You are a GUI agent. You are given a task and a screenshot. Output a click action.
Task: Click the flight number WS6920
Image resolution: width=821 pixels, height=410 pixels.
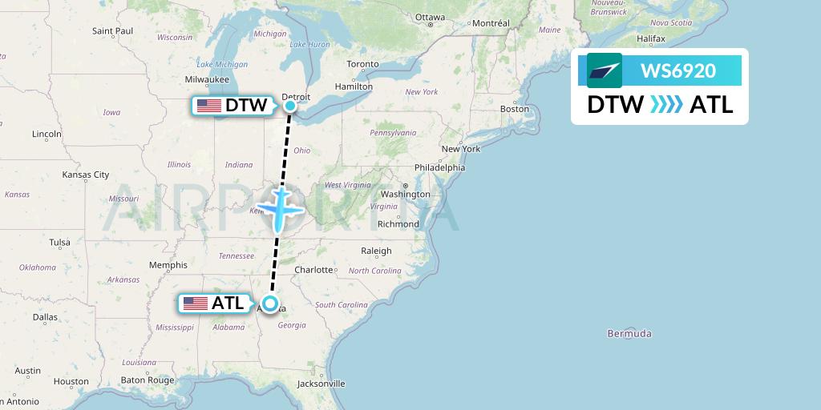[678, 70]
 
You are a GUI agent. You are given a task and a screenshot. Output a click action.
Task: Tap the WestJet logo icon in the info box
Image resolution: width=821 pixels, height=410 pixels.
[605, 70]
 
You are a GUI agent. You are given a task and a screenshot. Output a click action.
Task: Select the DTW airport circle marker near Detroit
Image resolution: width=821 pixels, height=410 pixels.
[290, 105]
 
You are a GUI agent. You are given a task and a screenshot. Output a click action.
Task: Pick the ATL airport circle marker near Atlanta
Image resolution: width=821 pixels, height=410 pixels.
[270, 303]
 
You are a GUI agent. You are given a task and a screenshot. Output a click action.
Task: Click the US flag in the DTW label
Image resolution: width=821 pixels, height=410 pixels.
[209, 106]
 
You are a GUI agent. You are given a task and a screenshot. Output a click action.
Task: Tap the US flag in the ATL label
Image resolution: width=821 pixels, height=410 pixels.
[196, 303]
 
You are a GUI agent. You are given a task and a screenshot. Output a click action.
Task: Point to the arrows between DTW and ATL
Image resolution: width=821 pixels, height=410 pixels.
[666, 105]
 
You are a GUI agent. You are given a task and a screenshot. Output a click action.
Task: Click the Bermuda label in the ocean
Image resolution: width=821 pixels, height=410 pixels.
[629, 333]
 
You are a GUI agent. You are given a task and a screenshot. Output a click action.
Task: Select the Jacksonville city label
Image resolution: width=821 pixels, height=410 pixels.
[321, 384]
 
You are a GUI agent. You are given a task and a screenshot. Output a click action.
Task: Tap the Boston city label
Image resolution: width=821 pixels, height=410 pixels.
[514, 108]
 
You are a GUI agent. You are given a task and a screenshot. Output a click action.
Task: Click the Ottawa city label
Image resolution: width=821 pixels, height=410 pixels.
[430, 17]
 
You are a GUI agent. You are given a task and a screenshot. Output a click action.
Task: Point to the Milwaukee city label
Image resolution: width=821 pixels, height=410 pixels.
[207, 79]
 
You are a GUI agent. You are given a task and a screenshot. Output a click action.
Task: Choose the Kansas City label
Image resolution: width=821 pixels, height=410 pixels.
[86, 175]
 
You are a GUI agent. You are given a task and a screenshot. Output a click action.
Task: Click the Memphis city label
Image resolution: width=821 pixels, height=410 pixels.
[168, 265]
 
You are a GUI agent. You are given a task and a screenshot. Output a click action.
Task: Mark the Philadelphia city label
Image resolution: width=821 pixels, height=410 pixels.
[439, 167]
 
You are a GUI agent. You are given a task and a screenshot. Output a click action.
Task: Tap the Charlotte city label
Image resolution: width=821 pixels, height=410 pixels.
[313, 270]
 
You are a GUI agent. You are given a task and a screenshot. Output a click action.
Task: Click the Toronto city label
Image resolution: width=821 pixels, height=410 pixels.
[362, 64]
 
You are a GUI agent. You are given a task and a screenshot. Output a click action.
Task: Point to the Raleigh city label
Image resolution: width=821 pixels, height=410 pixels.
[376, 251]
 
